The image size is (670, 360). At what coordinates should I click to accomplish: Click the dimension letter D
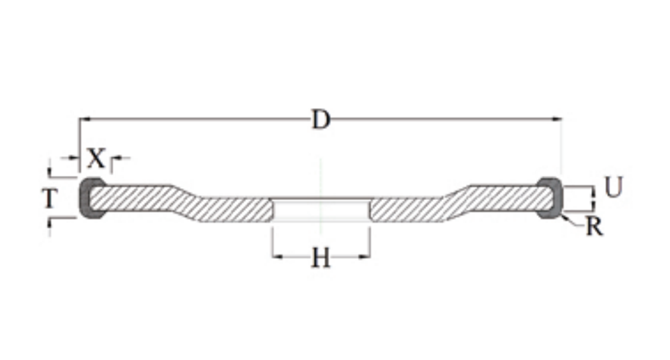321,119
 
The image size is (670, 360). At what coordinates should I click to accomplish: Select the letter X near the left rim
96,158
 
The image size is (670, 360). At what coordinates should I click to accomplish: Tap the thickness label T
50,198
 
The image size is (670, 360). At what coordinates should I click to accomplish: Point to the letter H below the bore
321,258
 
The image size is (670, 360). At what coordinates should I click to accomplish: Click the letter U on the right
614,187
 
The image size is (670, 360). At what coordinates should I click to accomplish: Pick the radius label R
595,226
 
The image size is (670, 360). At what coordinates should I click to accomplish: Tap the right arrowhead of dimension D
556,119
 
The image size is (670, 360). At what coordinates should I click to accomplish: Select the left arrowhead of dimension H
278,257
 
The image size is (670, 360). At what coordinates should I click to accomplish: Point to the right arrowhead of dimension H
364,257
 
